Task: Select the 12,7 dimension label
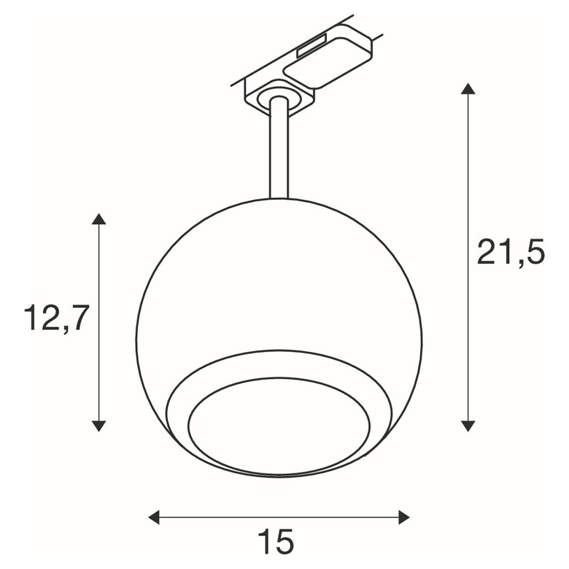[56, 319]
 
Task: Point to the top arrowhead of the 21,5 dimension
[468, 89]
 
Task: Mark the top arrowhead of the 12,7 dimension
[98, 219]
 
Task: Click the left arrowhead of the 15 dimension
[154, 517]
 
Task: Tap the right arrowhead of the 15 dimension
[404, 517]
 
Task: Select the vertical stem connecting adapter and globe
[279, 149]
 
